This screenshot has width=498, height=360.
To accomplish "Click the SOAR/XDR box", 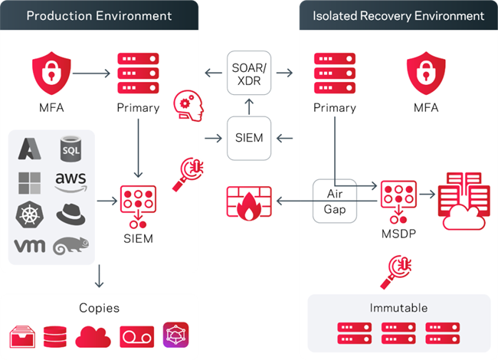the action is [x=249, y=73].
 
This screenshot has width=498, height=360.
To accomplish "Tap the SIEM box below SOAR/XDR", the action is [x=249, y=138].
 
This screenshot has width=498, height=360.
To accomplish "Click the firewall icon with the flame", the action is [x=249, y=203].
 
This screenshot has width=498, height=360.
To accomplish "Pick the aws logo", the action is [x=70, y=182].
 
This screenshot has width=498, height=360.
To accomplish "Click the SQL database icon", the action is [x=70, y=149].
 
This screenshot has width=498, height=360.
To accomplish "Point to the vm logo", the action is [x=30, y=246].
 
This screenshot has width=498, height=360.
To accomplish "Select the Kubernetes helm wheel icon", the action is [x=30, y=214].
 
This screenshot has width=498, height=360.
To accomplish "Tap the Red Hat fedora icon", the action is [x=70, y=214].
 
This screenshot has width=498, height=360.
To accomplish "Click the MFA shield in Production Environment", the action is [x=51, y=74].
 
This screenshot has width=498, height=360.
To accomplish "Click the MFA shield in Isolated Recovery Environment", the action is [x=426, y=74].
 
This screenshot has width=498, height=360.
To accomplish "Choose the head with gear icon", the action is [x=188, y=106].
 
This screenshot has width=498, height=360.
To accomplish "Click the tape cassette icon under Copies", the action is [x=137, y=336].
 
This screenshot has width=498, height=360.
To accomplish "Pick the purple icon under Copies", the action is [x=175, y=335].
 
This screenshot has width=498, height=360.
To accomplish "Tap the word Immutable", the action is [x=398, y=308].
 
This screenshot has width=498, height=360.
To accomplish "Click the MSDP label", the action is [x=398, y=234].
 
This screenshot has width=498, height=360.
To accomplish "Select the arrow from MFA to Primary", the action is [x=91, y=74].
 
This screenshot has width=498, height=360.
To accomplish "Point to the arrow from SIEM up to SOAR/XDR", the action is [x=249, y=106].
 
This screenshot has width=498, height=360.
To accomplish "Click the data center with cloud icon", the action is [x=464, y=201].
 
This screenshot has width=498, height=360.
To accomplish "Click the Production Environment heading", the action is [x=99, y=15].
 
